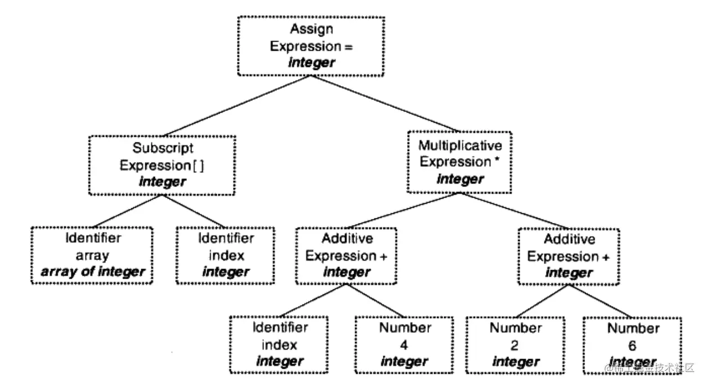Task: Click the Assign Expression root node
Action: point(311,46)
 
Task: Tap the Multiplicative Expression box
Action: point(459,162)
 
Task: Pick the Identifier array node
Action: point(92,255)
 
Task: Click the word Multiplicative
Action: point(459,146)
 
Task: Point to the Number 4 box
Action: point(404,344)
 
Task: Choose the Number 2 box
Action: point(516,344)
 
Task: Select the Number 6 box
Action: point(632,344)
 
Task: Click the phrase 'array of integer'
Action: point(92,272)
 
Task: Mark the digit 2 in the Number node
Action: point(516,344)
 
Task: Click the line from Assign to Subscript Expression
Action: point(236,106)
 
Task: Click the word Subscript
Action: point(163,149)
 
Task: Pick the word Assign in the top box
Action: point(311,29)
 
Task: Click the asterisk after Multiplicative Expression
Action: point(498,161)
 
